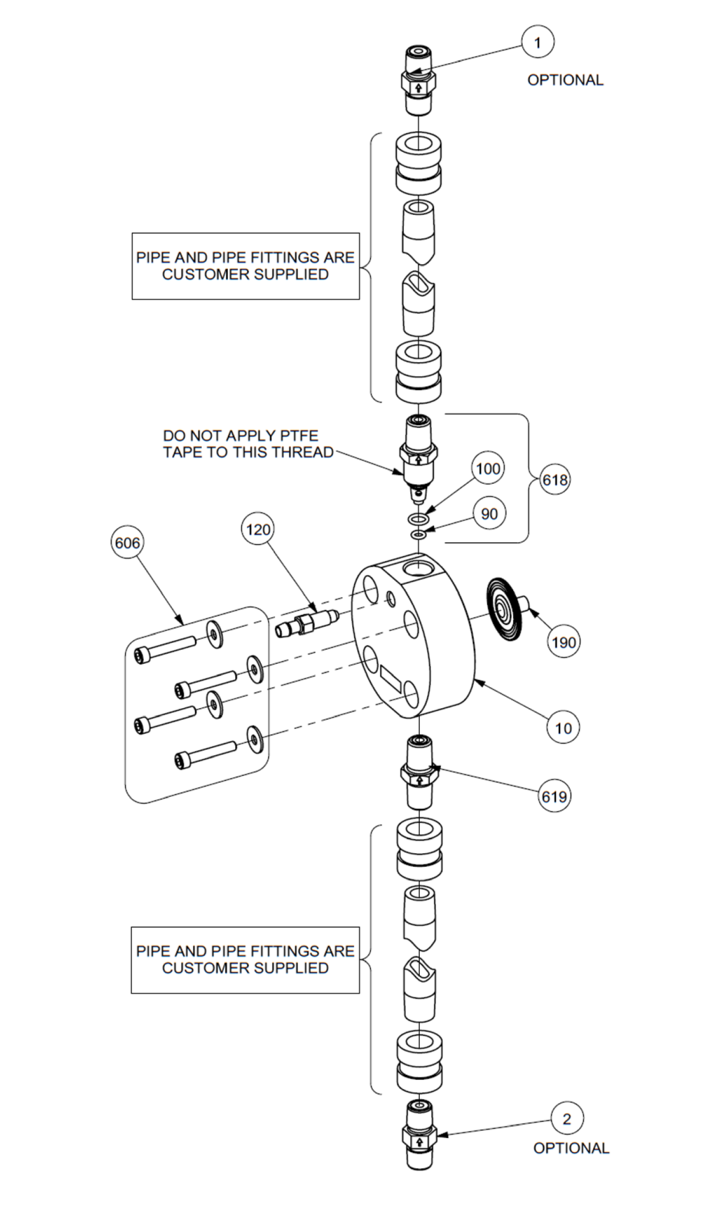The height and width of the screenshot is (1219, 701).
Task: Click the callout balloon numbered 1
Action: [538, 42]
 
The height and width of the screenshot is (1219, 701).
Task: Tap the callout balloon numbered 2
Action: [567, 1119]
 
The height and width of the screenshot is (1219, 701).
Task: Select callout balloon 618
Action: [554, 480]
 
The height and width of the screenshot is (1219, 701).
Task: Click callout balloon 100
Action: [488, 469]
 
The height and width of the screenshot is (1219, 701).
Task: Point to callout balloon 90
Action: [489, 514]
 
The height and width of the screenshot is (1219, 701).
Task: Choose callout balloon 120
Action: [258, 530]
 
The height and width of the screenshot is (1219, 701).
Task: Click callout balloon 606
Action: [127, 543]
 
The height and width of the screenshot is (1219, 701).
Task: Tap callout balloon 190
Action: [563, 642]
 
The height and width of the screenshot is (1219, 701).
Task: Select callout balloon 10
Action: [563, 728]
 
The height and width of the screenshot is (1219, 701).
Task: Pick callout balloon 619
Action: [554, 797]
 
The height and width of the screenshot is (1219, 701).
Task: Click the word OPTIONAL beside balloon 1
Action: [565, 80]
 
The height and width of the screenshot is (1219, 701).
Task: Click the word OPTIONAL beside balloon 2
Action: [571, 1148]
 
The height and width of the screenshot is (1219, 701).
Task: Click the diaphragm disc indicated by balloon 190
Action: [504, 608]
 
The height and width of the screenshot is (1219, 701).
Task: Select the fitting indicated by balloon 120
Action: [307, 623]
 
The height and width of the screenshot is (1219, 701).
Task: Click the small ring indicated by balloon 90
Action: [418, 535]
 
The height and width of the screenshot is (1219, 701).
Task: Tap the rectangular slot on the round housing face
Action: [390, 678]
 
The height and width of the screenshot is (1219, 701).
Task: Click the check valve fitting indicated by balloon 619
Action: [419, 773]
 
